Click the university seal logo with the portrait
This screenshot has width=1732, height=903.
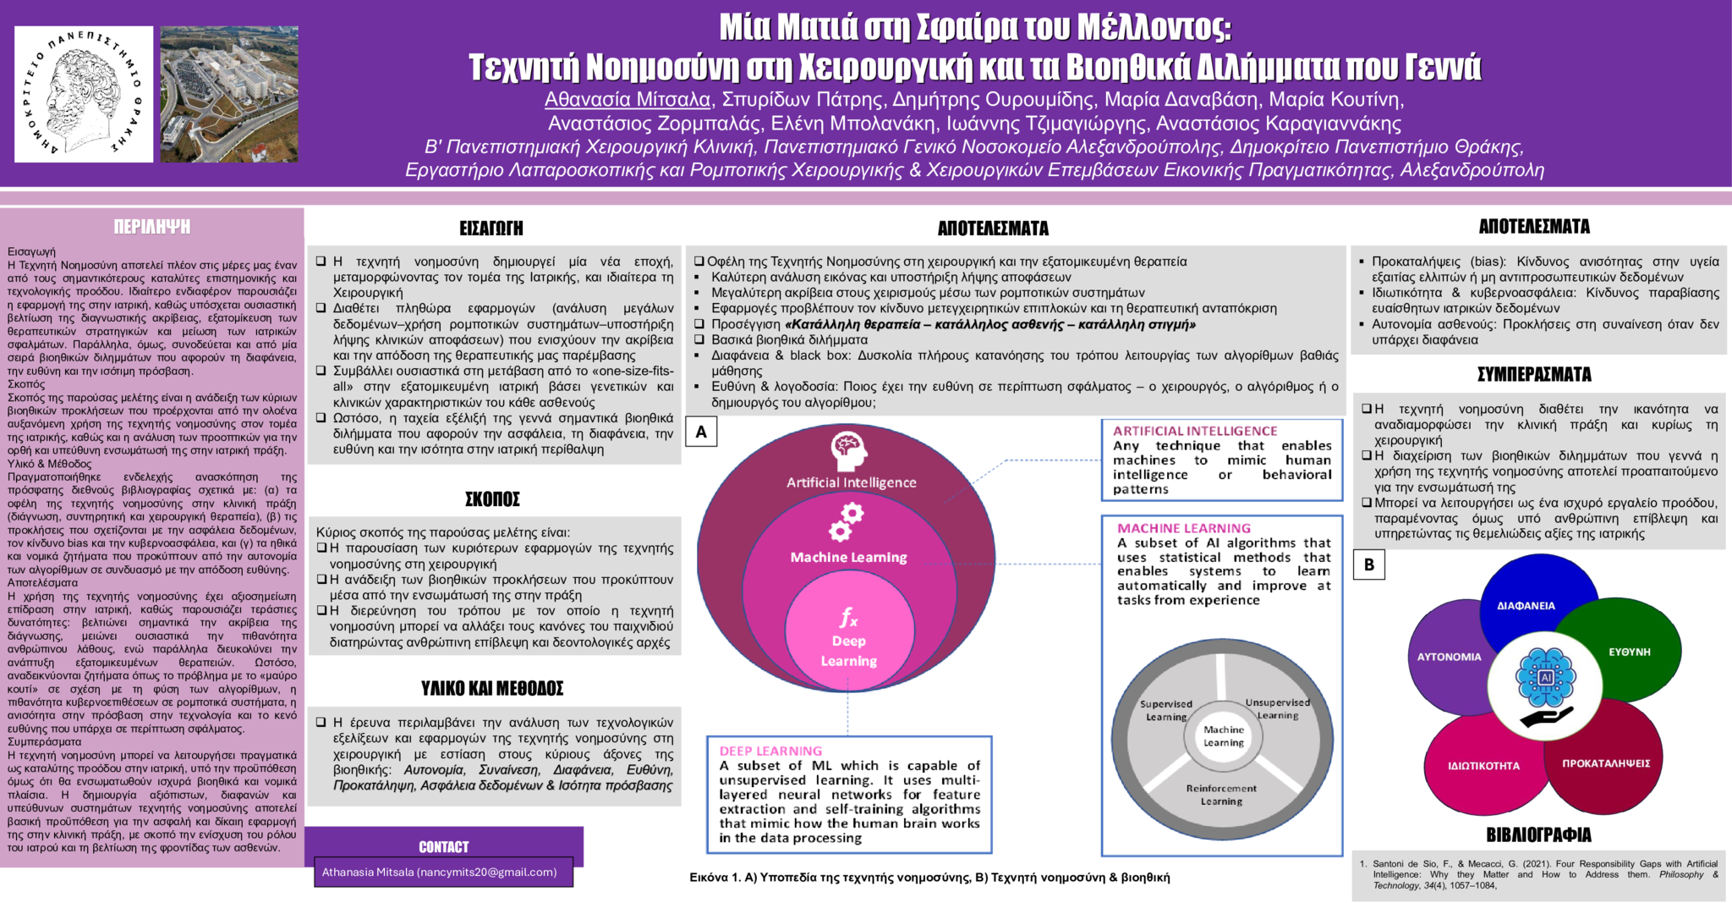84,94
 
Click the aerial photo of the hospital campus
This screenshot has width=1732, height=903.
229,94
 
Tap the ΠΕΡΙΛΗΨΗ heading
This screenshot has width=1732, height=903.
152,227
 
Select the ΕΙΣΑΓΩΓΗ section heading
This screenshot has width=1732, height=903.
491,229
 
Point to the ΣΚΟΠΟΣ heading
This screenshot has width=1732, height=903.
492,499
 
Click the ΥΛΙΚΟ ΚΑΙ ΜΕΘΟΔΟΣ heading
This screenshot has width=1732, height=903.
492,689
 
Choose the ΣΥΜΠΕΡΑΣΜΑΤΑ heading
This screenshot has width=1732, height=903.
1534,374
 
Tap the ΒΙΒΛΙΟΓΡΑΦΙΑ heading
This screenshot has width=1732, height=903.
1538,835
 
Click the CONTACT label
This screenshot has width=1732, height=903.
443,847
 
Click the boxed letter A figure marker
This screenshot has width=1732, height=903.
701,432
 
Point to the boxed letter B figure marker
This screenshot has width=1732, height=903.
1369,564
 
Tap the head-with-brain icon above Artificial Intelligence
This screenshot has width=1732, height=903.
848,450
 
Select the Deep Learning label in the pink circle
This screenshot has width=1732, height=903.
848,651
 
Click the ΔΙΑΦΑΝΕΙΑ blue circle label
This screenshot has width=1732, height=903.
1526,606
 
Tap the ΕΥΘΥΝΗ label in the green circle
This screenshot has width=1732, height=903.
1629,652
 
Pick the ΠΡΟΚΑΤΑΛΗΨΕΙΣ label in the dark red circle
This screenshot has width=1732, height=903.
1605,763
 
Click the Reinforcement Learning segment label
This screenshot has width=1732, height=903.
1221,795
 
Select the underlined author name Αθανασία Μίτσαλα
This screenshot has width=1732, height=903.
628,100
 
